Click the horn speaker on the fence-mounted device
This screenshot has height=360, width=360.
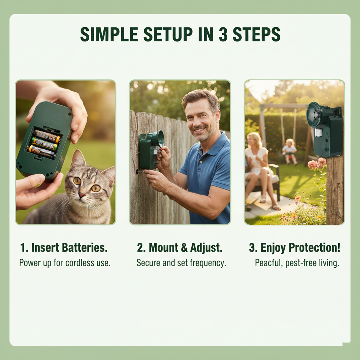point(159,138)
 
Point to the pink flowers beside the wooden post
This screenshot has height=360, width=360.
point(317,164)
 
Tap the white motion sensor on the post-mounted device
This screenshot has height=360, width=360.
point(319,132)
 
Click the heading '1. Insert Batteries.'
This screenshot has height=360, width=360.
point(64,248)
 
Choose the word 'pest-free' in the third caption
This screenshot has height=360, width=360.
point(302,263)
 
